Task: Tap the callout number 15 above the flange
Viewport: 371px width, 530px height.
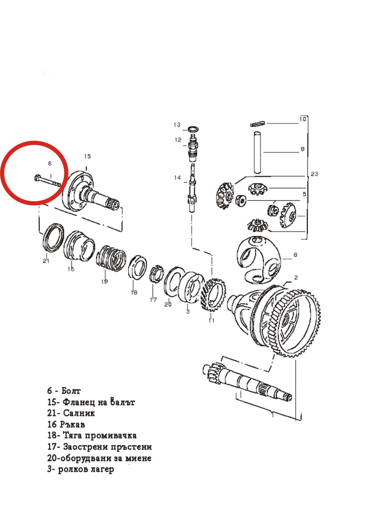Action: click(x=87, y=156)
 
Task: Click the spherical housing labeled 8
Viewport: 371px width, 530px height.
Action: click(x=258, y=259)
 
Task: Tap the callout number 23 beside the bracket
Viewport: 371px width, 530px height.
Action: click(x=314, y=174)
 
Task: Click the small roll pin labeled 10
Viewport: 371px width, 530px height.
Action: click(x=258, y=124)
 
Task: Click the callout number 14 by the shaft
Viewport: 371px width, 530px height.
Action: click(x=177, y=178)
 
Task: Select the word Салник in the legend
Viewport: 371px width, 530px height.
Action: click(x=79, y=413)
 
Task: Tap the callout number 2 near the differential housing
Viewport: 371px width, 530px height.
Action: click(x=296, y=277)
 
